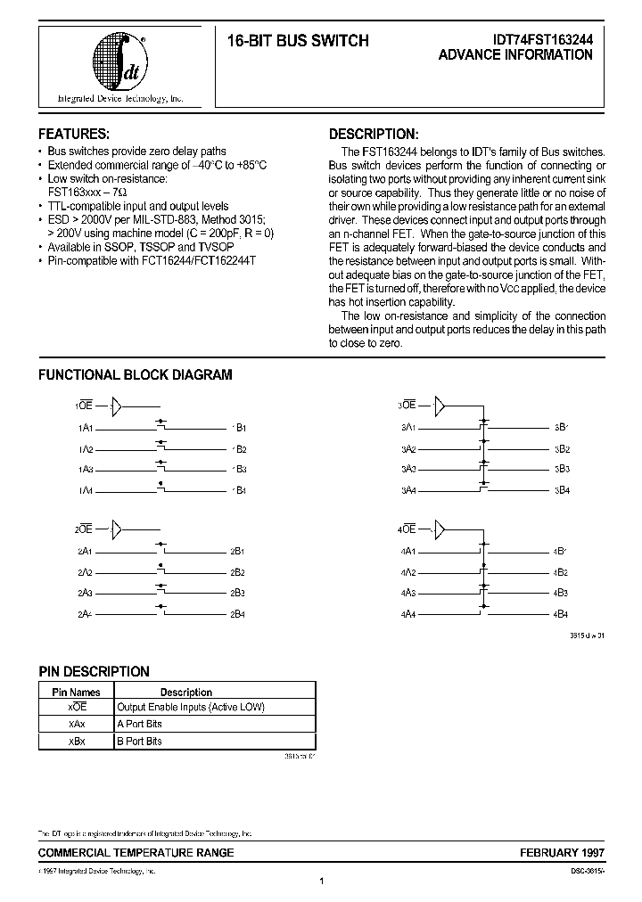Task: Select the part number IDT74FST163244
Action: (x=542, y=40)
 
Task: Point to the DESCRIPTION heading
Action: (x=373, y=134)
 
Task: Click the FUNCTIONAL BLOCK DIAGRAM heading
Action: (x=135, y=375)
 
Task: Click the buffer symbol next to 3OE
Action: (x=439, y=407)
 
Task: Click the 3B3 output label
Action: (x=561, y=469)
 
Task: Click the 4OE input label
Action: (x=407, y=529)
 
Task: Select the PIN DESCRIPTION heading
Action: (x=94, y=671)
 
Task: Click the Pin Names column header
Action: (x=77, y=692)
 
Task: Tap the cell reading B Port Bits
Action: (x=140, y=741)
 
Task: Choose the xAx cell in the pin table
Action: (x=77, y=724)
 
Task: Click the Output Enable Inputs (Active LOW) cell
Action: (x=191, y=707)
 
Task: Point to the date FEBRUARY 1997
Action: (x=556, y=853)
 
